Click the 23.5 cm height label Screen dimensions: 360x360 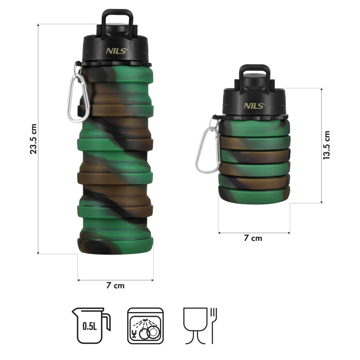tap(33, 139)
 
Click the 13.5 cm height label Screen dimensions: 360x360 tap(326, 145)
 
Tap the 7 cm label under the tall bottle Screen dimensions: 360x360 tap(116, 286)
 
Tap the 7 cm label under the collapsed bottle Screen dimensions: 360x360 tap(253, 238)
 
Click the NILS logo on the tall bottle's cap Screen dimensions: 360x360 tap(117, 51)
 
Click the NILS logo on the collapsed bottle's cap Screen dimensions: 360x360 tap(254, 106)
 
